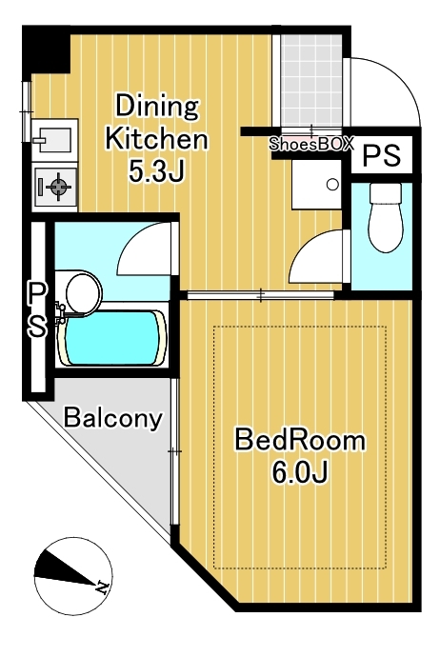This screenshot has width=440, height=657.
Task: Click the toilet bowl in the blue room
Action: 386,218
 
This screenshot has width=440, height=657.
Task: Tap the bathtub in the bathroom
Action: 113,338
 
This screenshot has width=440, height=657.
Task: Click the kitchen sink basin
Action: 54,139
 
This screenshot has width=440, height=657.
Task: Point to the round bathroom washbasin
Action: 84,292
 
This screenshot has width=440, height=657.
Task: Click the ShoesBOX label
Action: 311,144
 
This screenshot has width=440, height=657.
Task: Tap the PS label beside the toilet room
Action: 382,155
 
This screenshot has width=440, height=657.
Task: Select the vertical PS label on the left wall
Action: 38,309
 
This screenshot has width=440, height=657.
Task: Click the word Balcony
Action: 112,417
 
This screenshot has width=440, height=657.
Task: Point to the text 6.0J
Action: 299,471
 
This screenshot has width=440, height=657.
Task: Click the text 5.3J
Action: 156,171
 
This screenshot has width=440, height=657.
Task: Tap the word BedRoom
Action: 300,440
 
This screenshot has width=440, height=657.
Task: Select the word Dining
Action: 157,107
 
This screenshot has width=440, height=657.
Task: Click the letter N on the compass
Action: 102,587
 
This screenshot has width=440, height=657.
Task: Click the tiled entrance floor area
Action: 310,80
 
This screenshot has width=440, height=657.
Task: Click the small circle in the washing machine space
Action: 332,185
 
